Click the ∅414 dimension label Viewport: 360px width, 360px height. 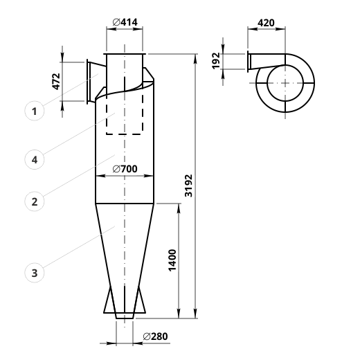tap(125, 22)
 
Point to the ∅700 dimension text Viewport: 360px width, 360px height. tap(125, 169)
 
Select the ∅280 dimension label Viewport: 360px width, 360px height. tap(155, 336)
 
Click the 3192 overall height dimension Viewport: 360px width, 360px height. tap(188, 186)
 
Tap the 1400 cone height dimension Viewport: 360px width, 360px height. tap(172, 260)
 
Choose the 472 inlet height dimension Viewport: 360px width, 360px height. tap(56, 82)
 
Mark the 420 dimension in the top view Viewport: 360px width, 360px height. tap(266, 23)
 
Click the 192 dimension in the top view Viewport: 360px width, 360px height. tap(216, 61)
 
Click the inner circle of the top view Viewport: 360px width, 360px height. tap(267, 83)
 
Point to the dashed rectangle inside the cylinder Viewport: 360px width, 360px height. tap(107, 116)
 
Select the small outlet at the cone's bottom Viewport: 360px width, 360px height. tap(125, 316)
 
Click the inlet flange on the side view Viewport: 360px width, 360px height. tap(87, 82)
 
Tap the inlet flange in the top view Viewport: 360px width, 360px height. tap(248, 62)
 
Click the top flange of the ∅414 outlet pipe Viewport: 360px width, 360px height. tap(125, 54)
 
